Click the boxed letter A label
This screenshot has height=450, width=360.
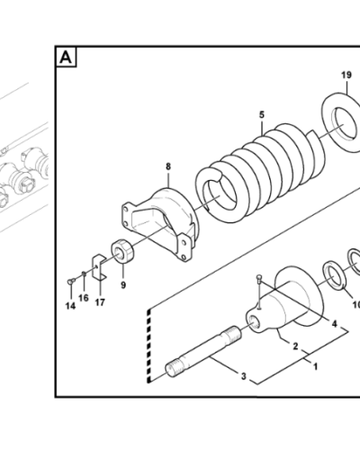point(67,58)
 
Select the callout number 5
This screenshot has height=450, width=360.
point(262,114)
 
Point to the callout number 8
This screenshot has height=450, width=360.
point(166,166)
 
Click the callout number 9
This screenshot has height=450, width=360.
point(123,285)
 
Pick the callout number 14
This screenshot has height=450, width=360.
point(70,305)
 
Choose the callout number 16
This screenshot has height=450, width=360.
point(84,297)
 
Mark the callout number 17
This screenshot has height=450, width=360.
point(100,301)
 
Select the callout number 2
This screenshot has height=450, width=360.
point(294,345)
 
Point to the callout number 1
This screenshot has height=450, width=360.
point(314,366)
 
